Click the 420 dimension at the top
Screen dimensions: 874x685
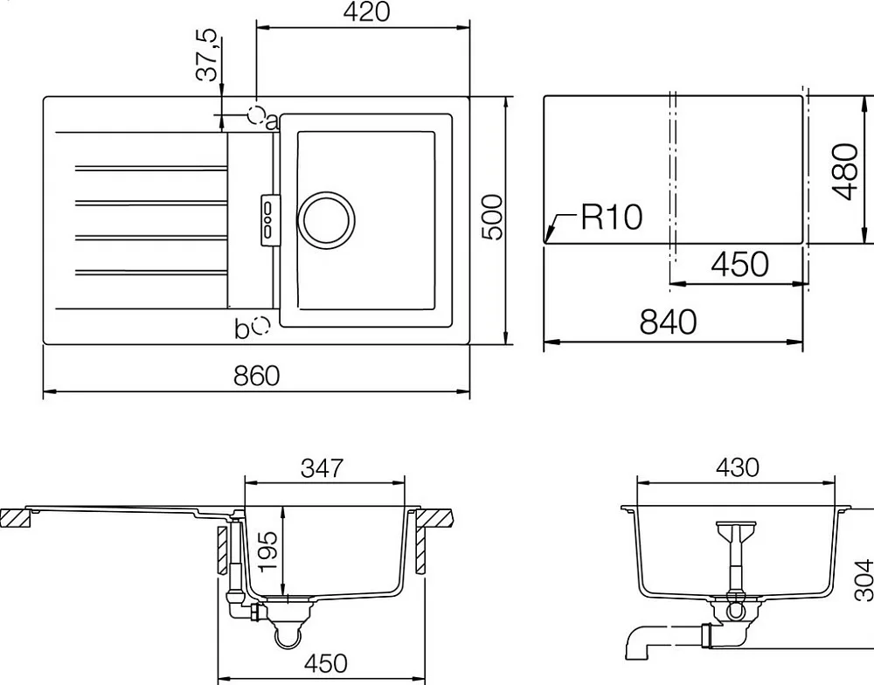coord(366,12)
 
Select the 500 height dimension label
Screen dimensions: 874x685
coord(491,218)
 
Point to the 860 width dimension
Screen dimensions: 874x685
coord(256,376)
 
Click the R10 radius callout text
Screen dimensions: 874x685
coord(612,217)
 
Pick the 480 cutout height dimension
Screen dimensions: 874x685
coord(845,171)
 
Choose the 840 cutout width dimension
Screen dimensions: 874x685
coord(668,322)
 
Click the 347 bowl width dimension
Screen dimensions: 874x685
coord(323,468)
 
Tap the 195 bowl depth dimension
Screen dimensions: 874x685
coord(267,552)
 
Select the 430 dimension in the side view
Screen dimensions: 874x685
coord(738,467)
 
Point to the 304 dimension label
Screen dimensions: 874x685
coord(864,580)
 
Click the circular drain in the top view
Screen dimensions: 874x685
coord(326,219)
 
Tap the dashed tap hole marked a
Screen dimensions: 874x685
coord(256,114)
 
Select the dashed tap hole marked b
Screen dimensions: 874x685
coord(260,325)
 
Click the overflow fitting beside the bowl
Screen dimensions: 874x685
coord(270,219)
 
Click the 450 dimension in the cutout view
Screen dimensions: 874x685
coord(739,264)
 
